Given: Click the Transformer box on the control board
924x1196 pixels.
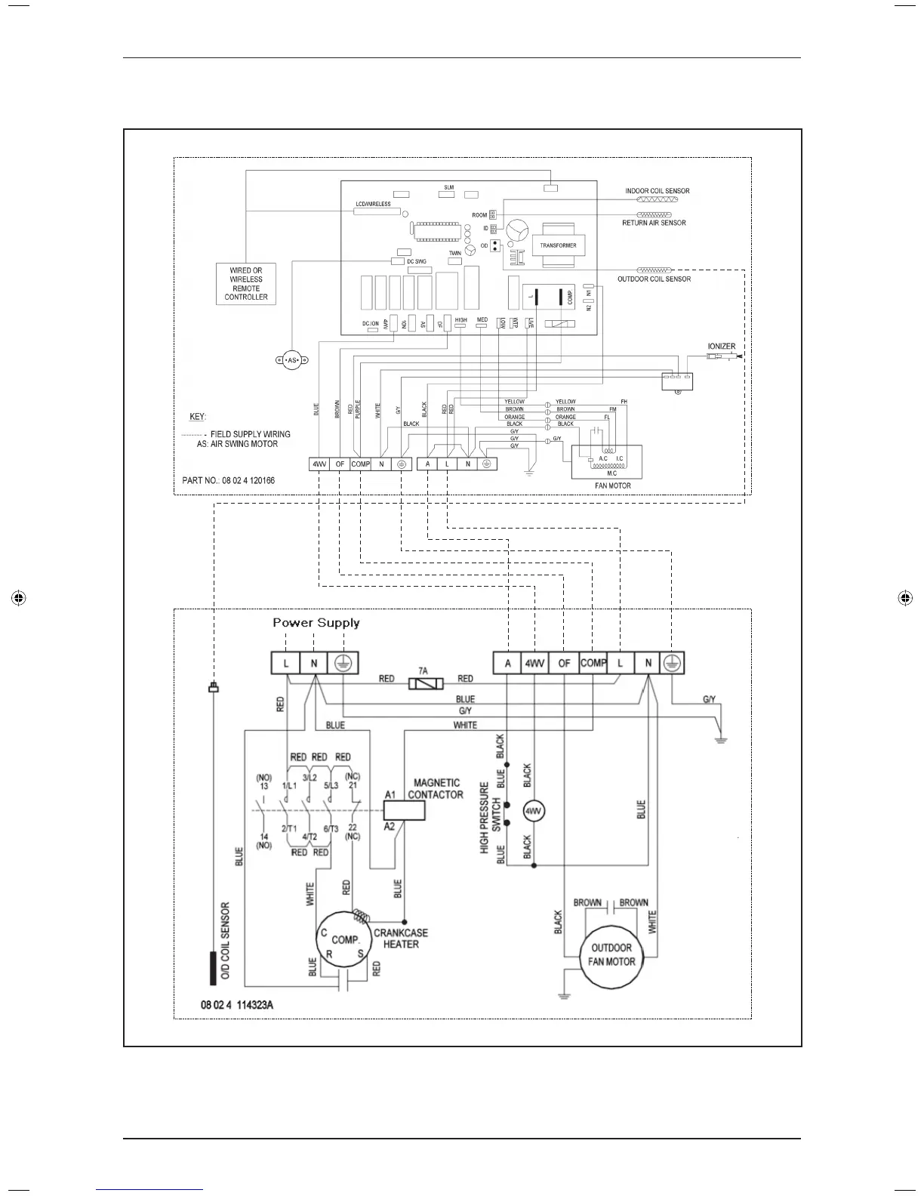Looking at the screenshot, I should pos(558,245).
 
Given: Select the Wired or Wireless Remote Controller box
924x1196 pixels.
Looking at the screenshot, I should pos(246,284).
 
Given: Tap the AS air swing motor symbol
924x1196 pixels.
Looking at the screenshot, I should pos(293,361).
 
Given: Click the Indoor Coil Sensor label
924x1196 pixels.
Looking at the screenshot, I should pos(657,191).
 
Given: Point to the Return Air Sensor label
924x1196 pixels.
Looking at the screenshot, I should pos(654,223).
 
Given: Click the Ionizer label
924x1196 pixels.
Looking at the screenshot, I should pos(721,347).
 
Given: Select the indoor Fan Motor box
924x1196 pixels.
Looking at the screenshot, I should pos(607,462).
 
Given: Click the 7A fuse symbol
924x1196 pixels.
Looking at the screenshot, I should pos(423,683).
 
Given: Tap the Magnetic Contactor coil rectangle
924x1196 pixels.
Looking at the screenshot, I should pos(404,810).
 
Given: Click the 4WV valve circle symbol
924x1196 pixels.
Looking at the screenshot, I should pos(534,811).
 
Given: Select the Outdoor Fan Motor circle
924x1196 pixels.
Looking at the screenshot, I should pos(611,955).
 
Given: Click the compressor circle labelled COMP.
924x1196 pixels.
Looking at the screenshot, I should pos(344,941).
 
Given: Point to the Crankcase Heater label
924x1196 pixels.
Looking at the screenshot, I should pos(401,939).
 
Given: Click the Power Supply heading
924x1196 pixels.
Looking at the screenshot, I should pos(316,623).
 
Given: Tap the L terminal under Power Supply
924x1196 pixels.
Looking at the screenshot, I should pos(286,663).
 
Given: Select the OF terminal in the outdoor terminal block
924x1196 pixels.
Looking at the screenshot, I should pos(564,663).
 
